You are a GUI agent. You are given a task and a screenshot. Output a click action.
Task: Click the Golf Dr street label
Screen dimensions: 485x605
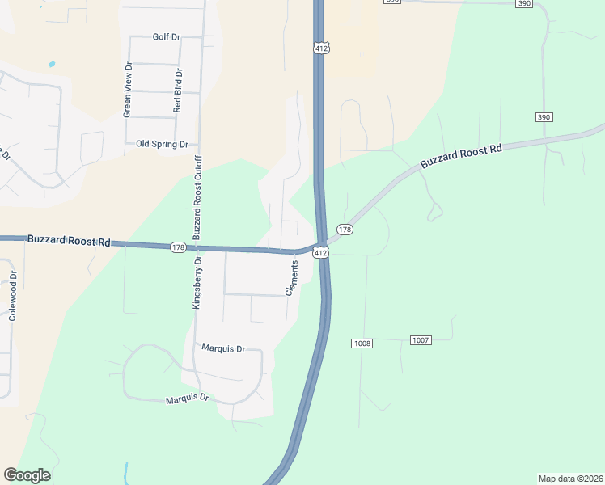tap(166, 37)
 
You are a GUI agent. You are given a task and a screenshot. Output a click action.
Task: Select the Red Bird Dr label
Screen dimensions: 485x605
tap(178, 90)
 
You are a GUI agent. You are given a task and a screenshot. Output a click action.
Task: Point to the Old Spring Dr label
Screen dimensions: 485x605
tap(162, 144)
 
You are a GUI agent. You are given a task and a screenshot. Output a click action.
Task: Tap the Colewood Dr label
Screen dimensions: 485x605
tap(12, 297)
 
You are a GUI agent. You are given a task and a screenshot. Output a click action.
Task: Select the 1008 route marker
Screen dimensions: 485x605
tap(362, 344)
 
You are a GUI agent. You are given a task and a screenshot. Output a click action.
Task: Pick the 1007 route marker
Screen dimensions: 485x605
tap(420, 339)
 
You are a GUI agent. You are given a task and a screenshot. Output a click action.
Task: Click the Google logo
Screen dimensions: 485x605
tap(27, 475)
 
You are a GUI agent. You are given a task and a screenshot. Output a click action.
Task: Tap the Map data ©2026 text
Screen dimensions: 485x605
tap(570, 478)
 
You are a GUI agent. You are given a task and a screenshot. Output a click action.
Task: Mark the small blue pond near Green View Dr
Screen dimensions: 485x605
tap(53, 64)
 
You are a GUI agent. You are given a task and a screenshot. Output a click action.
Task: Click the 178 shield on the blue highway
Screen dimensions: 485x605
tap(179, 247)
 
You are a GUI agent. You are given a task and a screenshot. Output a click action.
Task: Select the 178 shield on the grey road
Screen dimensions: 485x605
tap(345, 230)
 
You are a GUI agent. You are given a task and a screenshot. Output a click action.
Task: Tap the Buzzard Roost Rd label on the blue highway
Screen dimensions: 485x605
tap(69, 240)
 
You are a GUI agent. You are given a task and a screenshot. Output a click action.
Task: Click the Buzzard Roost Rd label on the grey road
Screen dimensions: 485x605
tap(461, 156)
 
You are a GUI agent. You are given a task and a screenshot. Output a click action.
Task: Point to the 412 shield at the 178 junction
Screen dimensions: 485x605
tap(321, 253)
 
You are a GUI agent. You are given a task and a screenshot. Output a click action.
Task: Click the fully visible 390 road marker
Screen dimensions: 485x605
tap(544, 117)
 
